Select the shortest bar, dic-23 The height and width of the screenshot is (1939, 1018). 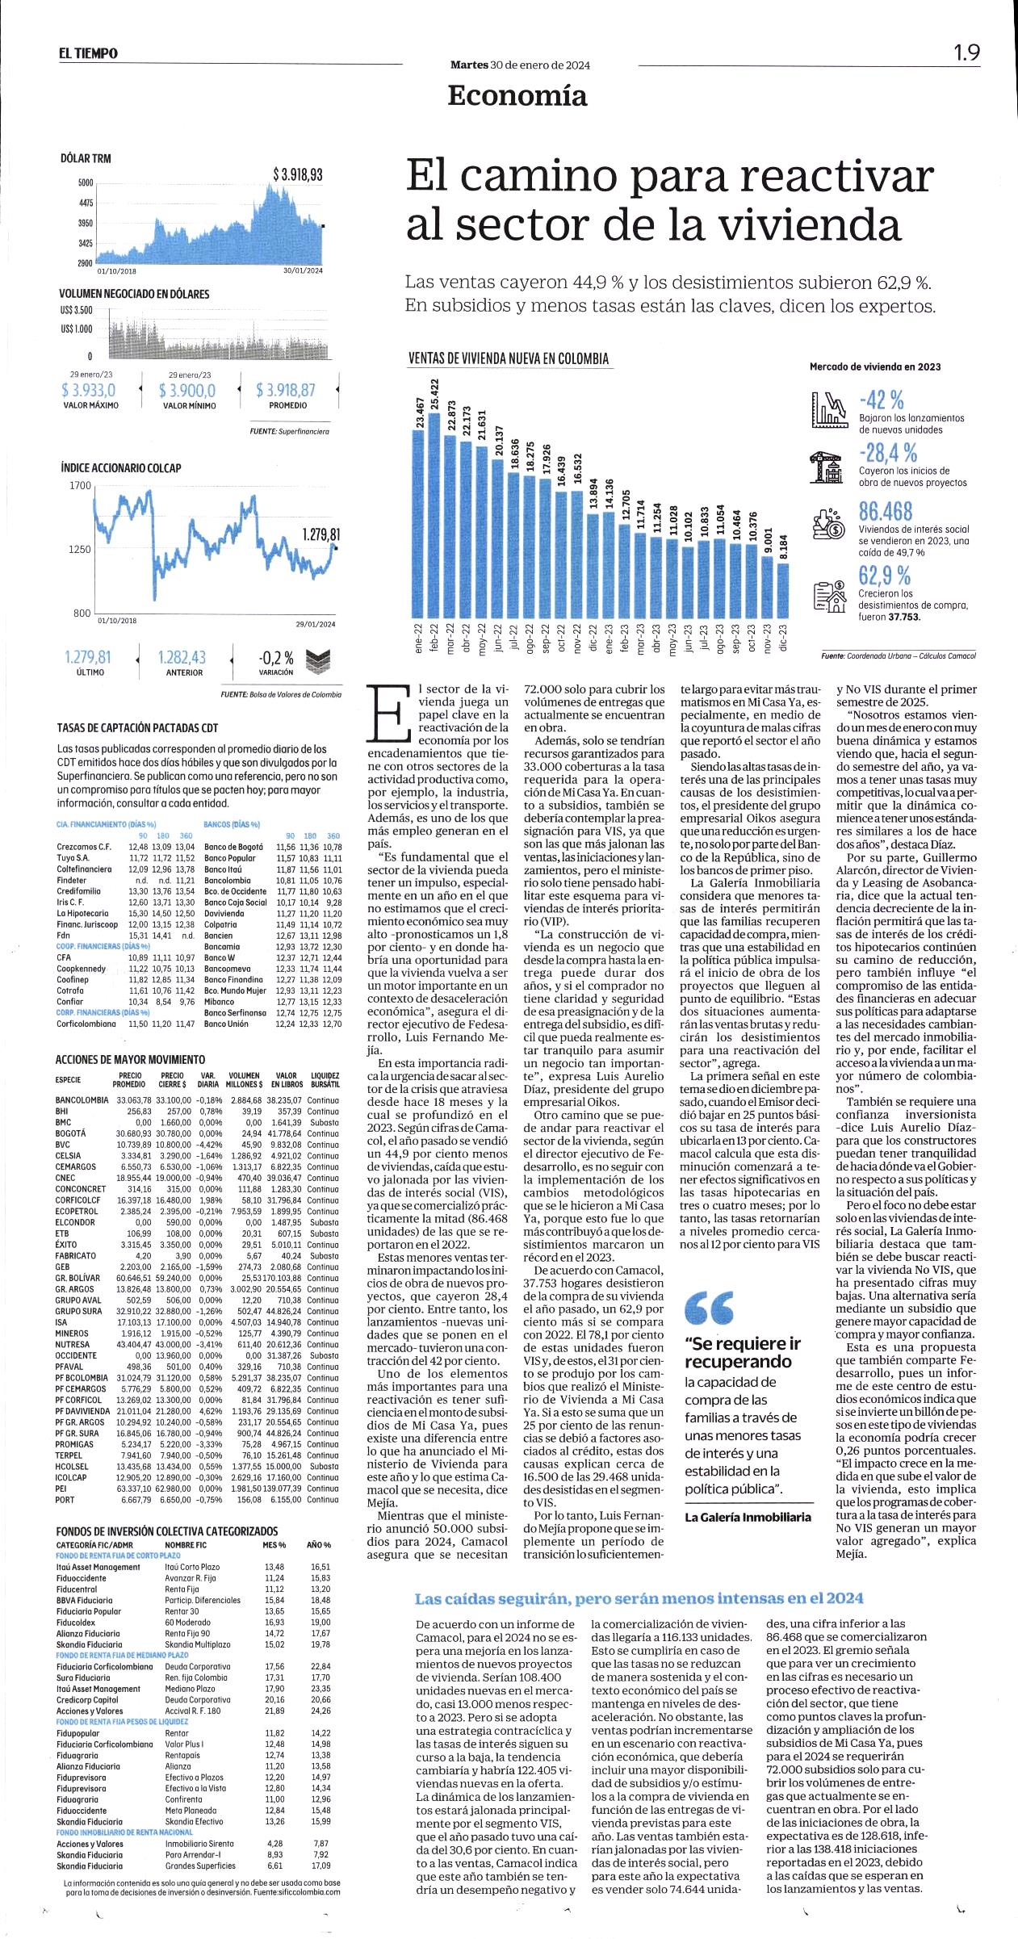click(783, 590)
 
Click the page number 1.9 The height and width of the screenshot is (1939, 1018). click(967, 52)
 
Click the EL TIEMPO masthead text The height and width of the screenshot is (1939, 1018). click(87, 53)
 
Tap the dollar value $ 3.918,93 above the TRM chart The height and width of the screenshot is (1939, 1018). click(297, 174)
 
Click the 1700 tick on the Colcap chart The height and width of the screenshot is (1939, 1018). click(82, 485)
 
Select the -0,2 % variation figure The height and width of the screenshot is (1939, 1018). click(275, 658)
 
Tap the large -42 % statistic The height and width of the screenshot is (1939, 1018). click(881, 399)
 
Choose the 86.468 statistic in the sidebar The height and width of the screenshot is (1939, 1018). click(885, 511)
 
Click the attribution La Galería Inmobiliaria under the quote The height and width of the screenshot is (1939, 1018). click(748, 1517)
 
